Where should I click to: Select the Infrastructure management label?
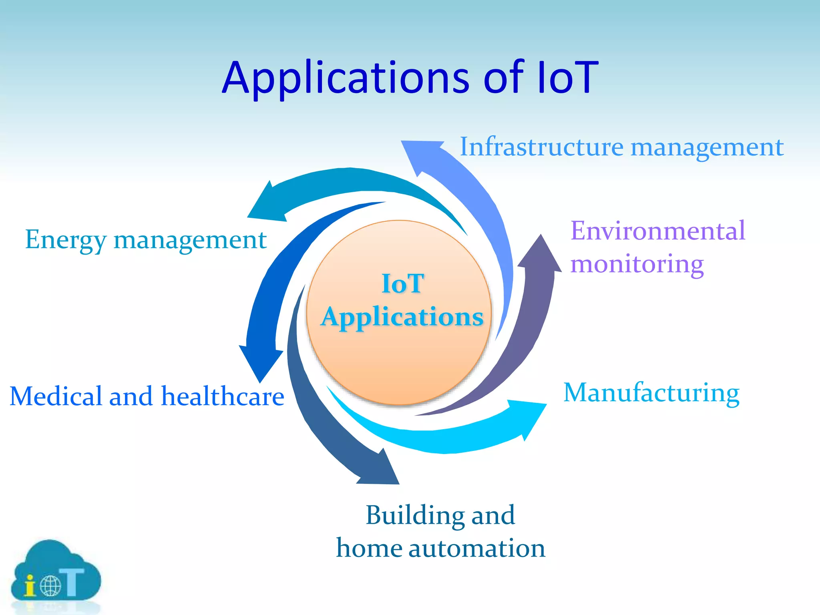[x=621, y=147]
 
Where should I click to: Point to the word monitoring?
[x=637, y=264]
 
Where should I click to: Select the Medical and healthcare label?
[x=147, y=396]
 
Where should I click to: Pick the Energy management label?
[x=146, y=240]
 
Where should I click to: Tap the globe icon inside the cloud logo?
[x=50, y=586]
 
